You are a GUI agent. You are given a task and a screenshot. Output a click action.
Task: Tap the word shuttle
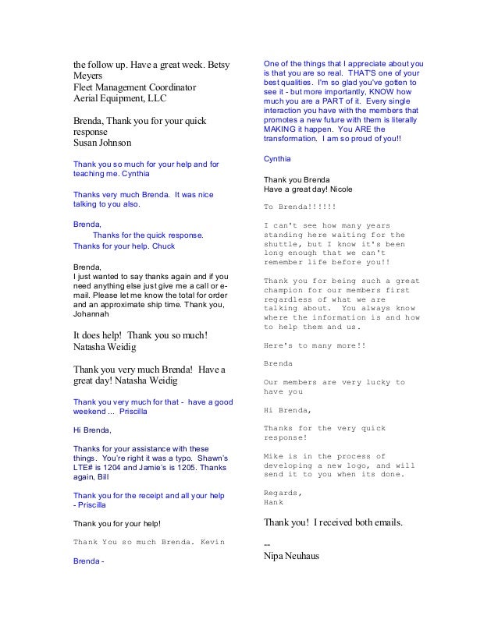(x=283, y=244)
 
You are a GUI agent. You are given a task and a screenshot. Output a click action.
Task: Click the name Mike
(x=275, y=456)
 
